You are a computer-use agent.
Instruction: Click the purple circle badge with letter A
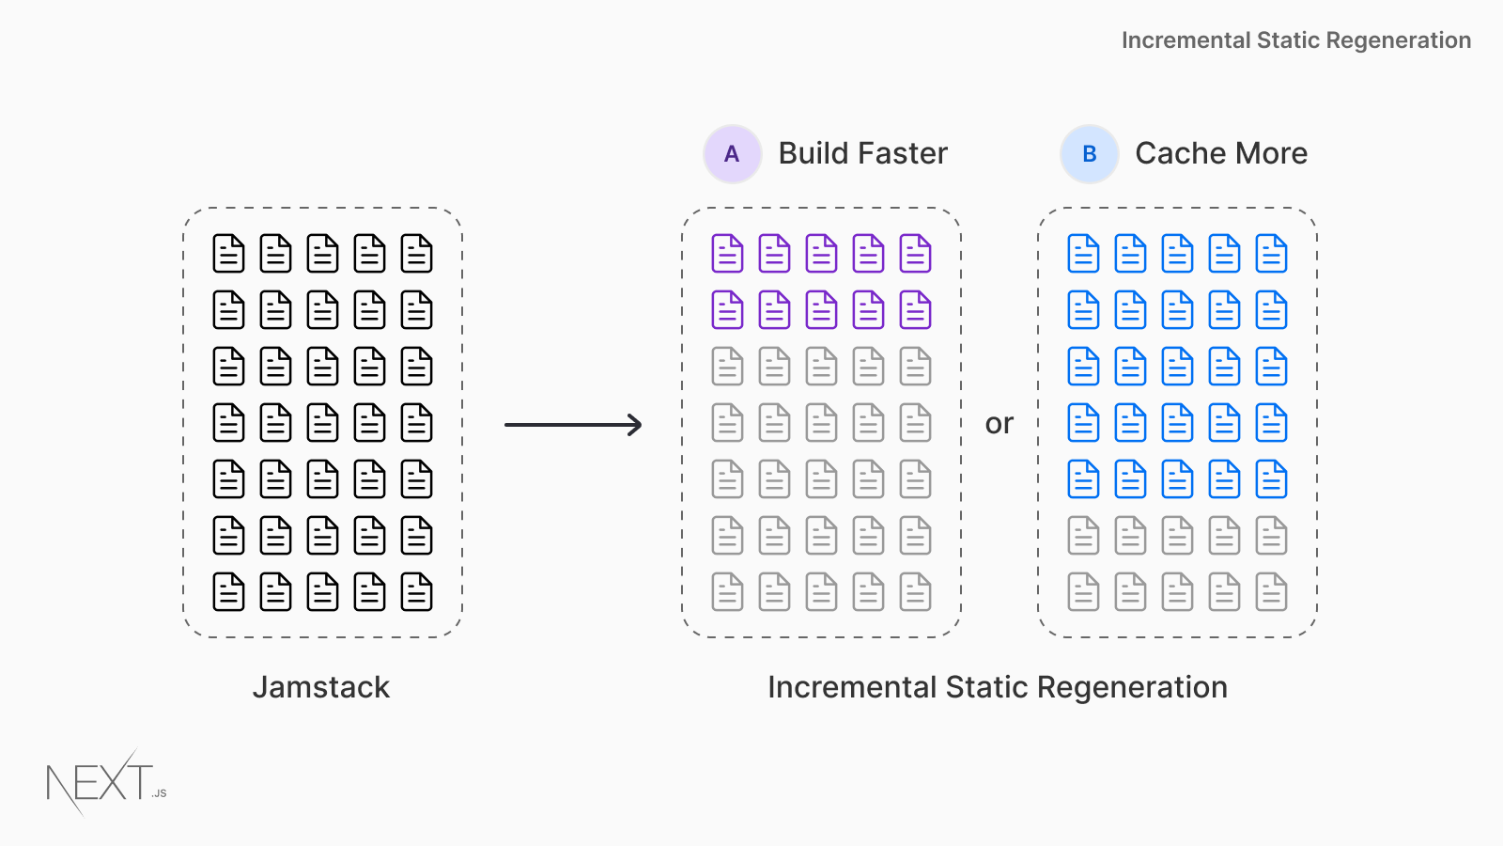[732, 154]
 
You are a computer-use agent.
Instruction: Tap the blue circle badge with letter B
[1089, 154]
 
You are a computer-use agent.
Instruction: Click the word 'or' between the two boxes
[999, 424]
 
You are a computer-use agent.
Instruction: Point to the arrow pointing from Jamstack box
[573, 425]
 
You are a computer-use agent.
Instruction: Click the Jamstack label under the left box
[320, 687]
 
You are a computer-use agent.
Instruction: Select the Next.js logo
[105, 782]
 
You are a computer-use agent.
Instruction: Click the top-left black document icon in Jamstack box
[228, 254]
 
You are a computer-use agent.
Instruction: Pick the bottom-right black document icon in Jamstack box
[416, 592]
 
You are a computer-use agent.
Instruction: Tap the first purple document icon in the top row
[727, 254]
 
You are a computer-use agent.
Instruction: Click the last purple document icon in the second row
[915, 310]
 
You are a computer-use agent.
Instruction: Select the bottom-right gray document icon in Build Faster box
[915, 592]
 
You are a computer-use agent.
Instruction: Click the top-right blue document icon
[1271, 254]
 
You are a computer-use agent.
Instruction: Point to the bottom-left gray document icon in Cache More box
[1083, 592]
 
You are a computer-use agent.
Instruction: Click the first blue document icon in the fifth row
[1083, 479]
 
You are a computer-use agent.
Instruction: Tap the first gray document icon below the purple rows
[727, 367]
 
